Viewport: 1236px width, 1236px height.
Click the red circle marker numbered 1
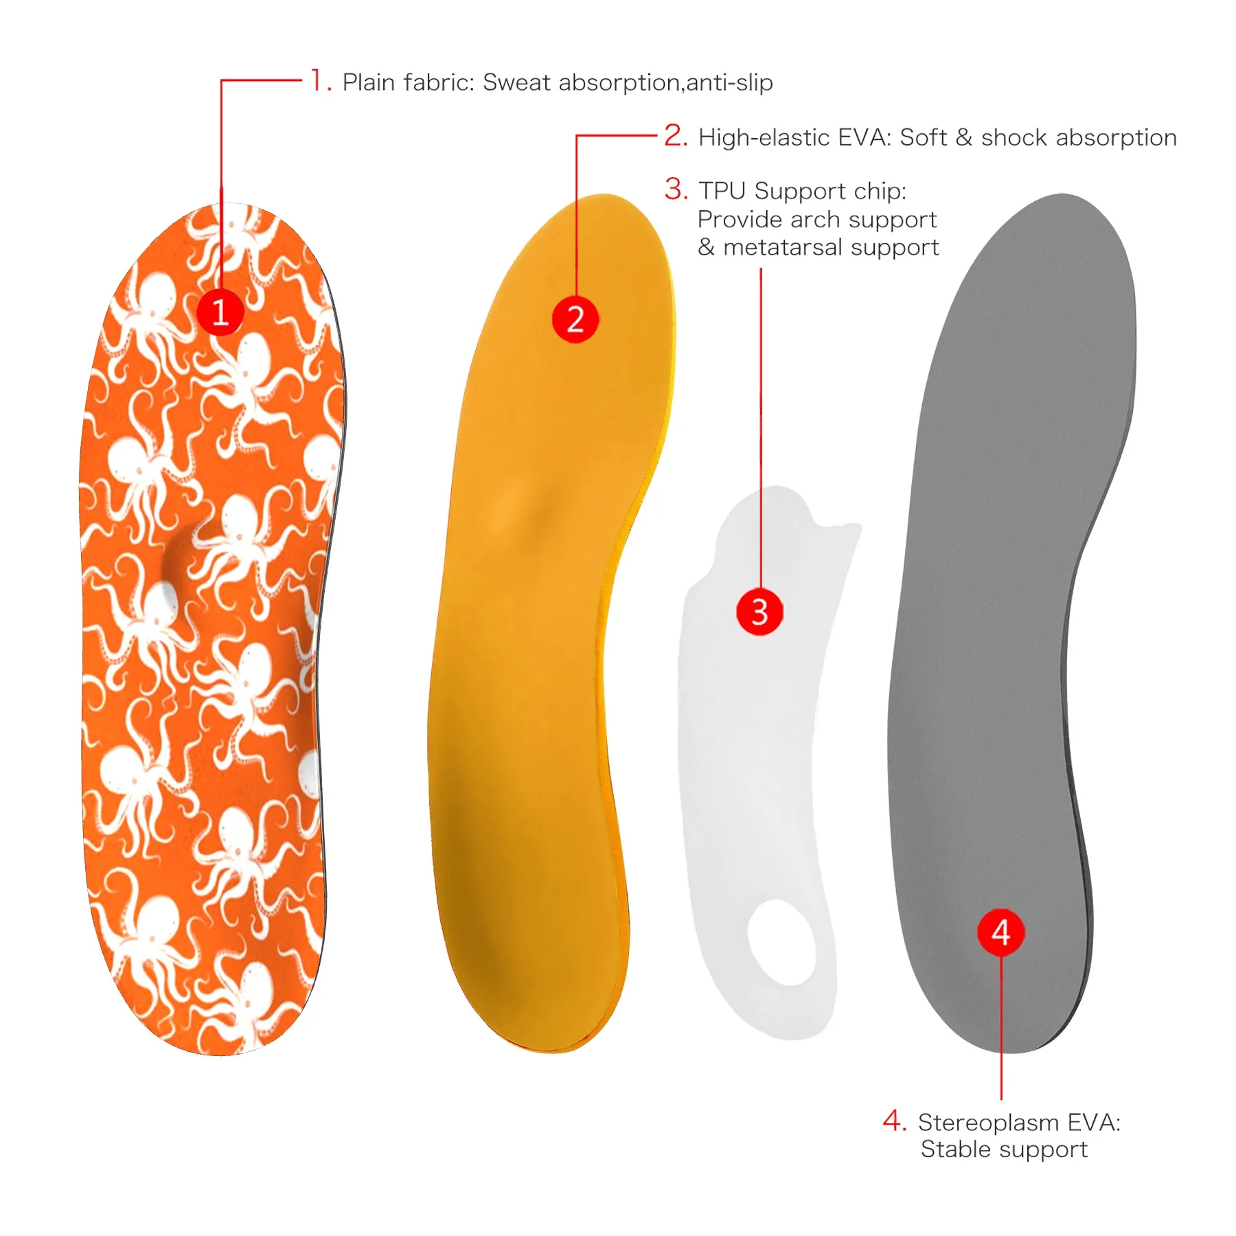[220, 312]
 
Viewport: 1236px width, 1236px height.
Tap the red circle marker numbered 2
[575, 319]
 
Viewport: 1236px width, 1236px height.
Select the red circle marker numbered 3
[759, 611]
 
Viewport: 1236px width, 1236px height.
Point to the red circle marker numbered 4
[1000, 932]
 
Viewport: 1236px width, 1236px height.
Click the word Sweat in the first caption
[516, 82]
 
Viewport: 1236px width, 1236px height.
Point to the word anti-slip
[729, 82]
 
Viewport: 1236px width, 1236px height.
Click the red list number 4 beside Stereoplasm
[893, 1121]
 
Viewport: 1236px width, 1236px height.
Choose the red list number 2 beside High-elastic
[675, 135]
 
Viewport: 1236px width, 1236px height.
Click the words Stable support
[1004, 1149]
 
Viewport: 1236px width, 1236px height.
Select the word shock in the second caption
[1015, 137]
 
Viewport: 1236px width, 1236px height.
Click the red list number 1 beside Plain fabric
[319, 80]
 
